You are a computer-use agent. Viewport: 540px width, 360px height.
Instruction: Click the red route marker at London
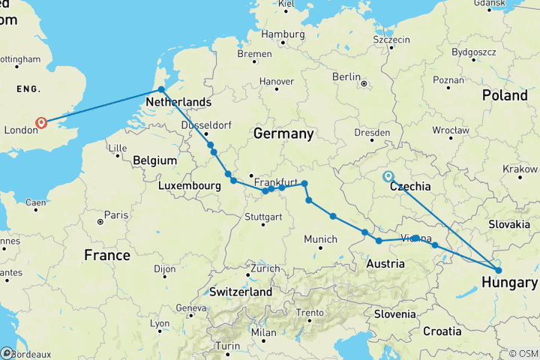[x=41, y=123]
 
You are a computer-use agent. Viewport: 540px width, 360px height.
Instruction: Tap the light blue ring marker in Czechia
[x=388, y=177]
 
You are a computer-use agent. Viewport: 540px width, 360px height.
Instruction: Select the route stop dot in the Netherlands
[x=161, y=90]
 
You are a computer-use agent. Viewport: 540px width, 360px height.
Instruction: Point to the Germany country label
[x=283, y=133]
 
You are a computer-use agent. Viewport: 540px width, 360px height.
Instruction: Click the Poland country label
[x=505, y=96]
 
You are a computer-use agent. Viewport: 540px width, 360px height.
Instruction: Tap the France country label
[x=107, y=255]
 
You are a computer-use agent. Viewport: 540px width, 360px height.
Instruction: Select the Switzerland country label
[x=240, y=291]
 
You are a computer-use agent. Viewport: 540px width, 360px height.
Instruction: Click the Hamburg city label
[x=283, y=34]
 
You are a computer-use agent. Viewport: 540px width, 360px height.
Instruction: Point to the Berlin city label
[x=346, y=76]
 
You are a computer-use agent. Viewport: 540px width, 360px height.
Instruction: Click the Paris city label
[x=116, y=214]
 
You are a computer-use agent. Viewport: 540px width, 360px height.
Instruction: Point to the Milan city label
[x=264, y=332]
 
